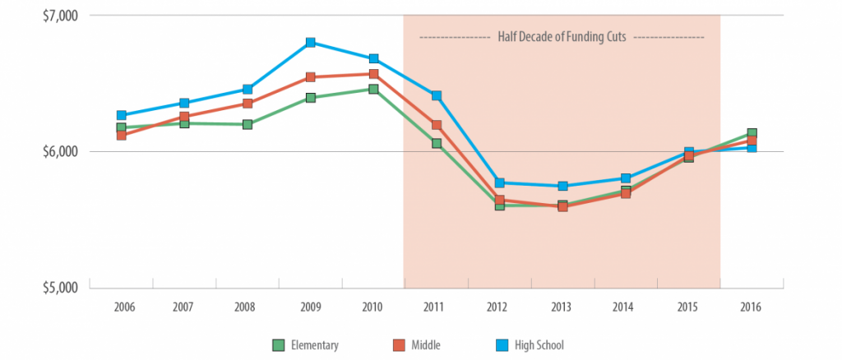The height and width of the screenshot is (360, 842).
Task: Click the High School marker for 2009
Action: point(310,42)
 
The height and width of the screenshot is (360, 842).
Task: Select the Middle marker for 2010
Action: point(373,74)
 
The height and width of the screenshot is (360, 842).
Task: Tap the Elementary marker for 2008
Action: point(248,124)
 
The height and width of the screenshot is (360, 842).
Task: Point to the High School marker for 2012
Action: point(499,182)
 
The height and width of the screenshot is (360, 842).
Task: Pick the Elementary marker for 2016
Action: point(752,133)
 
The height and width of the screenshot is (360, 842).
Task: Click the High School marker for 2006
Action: point(121,115)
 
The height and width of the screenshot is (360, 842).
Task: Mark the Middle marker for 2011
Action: point(437,125)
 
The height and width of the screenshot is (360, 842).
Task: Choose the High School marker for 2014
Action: point(626,178)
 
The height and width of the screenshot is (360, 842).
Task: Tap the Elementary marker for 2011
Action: point(437,143)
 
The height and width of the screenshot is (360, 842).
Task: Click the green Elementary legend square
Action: point(278,344)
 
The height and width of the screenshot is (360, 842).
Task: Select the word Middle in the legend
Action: point(426,344)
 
